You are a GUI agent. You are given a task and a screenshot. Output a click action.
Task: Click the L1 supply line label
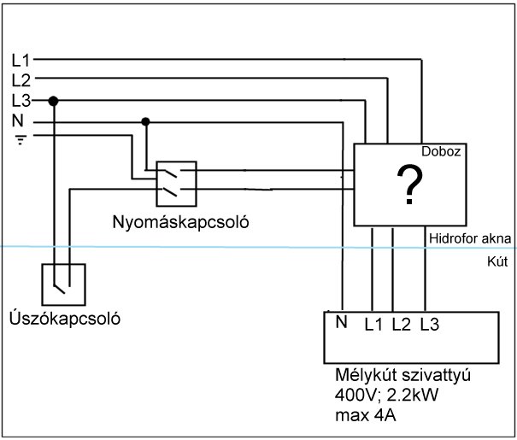(21, 61)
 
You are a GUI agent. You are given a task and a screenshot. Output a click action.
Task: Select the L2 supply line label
(21, 80)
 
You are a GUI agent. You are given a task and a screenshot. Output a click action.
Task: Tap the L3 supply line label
(21, 101)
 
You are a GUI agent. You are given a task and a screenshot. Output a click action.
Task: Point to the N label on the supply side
(18, 120)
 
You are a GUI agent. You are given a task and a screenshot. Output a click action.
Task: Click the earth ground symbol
(21, 140)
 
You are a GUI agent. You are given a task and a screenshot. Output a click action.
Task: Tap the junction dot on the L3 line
(53, 101)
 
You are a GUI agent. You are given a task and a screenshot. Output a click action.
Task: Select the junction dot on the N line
(145, 121)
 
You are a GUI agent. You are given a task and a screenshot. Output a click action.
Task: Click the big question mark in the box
(410, 185)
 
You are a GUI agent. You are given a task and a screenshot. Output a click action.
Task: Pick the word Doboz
(441, 151)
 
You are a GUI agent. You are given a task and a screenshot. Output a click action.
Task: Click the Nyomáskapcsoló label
(180, 222)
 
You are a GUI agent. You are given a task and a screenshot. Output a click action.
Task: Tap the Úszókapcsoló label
(65, 318)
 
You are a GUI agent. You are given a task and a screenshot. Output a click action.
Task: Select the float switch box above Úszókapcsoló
(63, 285)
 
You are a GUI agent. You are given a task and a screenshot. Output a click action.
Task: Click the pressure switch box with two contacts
(176, 184)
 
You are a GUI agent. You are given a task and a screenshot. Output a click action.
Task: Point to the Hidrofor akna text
(470, 238)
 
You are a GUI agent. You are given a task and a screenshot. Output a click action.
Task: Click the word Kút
(497, 261)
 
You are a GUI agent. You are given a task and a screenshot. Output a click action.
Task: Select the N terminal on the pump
(342, 322)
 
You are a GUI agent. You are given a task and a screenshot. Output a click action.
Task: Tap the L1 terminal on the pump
(373, 325)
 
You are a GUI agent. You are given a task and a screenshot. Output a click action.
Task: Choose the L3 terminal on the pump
(430, 325)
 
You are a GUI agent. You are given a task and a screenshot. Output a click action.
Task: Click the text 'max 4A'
(366, 415)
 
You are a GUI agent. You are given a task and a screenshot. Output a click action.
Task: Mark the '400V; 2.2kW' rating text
(386, 395)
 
